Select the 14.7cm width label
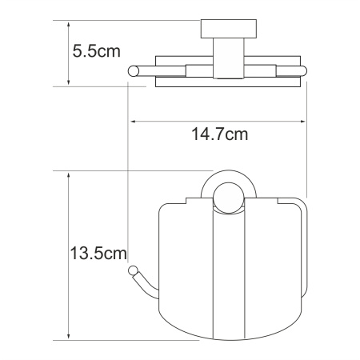point(218,134)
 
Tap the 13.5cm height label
point(96,254)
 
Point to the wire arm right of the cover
point(304,240)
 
